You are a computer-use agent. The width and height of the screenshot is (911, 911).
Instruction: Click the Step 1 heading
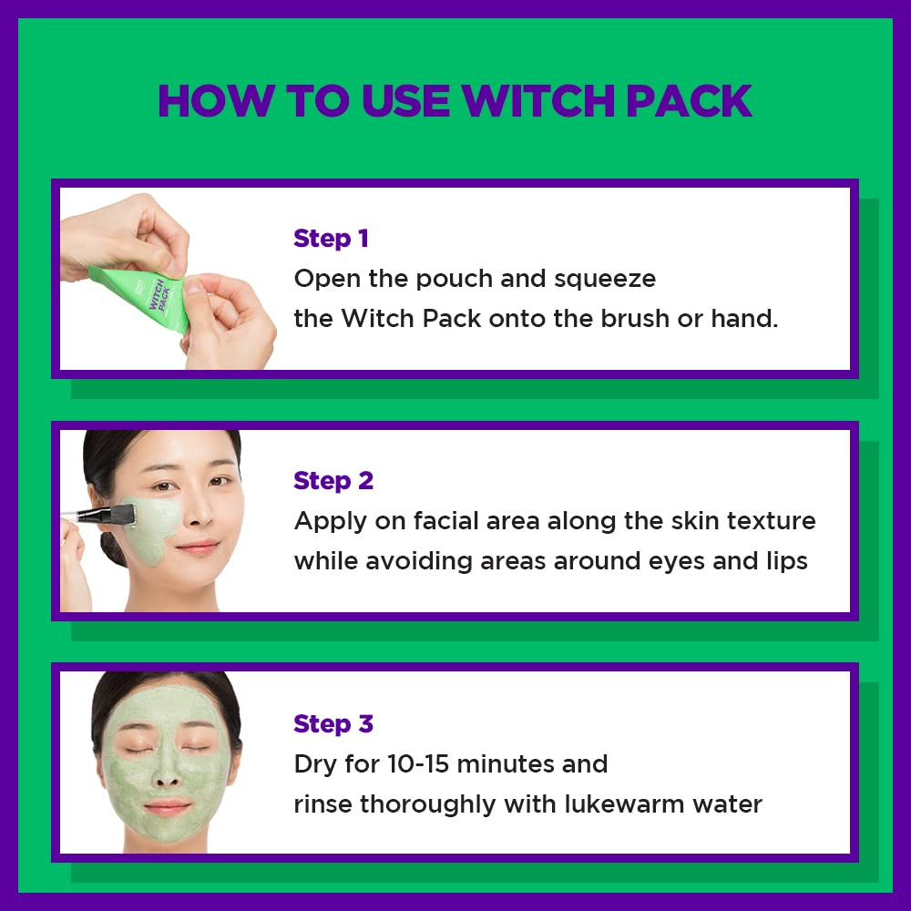click(331, 239)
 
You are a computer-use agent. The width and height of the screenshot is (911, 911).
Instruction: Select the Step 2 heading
click(333, 481)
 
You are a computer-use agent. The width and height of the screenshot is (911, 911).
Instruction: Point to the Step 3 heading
click(333, 724)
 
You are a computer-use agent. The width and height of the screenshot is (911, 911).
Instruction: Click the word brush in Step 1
click(651, 319)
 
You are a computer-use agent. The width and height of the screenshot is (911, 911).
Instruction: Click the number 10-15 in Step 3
click(420, 763)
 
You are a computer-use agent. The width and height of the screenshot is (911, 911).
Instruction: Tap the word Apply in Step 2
click(329, 522)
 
